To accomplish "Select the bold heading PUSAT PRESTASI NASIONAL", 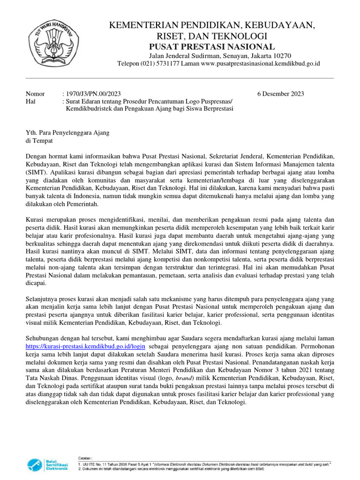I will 212,46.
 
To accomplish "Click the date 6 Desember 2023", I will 280,94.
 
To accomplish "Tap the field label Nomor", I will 35,94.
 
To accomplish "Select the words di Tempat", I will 39,141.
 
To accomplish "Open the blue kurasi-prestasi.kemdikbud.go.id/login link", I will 78,346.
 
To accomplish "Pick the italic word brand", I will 193,378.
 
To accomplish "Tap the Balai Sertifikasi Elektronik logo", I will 47,464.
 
